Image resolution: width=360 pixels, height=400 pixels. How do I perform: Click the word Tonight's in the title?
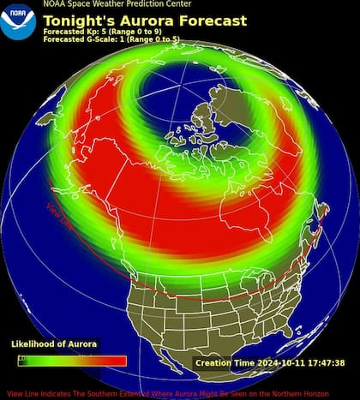click(x=79, y=21)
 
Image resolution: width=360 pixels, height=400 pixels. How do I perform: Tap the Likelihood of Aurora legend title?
click(x=53, y=343)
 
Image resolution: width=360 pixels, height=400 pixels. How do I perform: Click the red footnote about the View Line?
click(x=180, y=393)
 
